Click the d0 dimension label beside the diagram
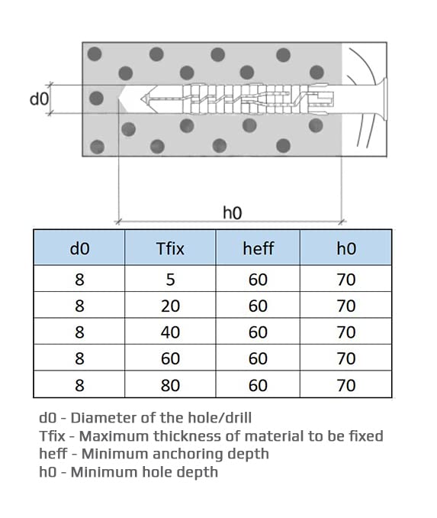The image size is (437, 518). pos(39,99)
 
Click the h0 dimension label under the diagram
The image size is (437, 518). pos(232,212)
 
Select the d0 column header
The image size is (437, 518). pos(79,248)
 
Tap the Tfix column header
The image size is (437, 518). pos(170,248)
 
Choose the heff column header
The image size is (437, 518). pos(259,248)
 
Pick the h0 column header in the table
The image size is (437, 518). pos(346,248)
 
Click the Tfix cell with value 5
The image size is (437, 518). pos(170,280)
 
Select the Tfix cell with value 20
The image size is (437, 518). pos(170,306)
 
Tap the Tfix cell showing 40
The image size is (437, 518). pos(170,332)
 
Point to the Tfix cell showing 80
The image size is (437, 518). pos(170,385)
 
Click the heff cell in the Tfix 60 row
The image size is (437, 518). pos(259,358)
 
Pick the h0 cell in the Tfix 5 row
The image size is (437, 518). pos(346,280)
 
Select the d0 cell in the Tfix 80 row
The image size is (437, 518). pos(79,385)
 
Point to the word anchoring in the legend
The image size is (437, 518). pos(188,455)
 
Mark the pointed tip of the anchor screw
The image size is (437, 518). pos(141,99)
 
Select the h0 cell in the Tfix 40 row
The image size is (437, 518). pos(346,332)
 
